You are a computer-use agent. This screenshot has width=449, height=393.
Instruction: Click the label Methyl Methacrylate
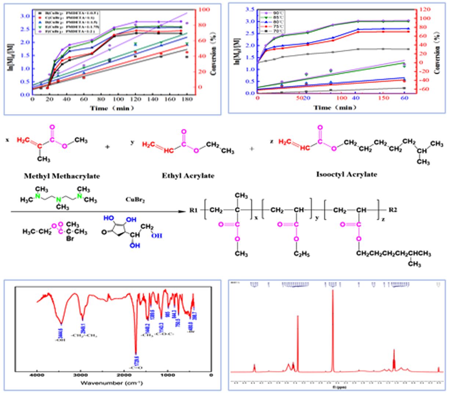(x=62, y=176)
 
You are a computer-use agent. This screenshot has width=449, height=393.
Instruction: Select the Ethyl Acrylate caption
(x=188, y=176)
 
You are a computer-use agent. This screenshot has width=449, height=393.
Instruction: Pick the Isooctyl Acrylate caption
(x=346, y=174)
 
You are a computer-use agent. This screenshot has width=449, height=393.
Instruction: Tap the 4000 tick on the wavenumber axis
(x=37, y=375)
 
